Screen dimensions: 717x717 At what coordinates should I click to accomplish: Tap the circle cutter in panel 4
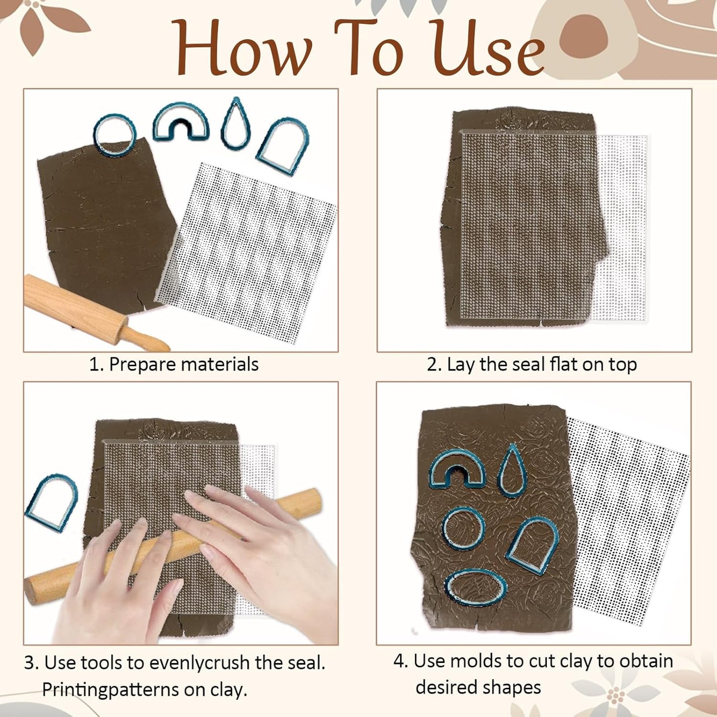446,528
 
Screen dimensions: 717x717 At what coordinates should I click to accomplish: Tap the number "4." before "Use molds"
401,661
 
